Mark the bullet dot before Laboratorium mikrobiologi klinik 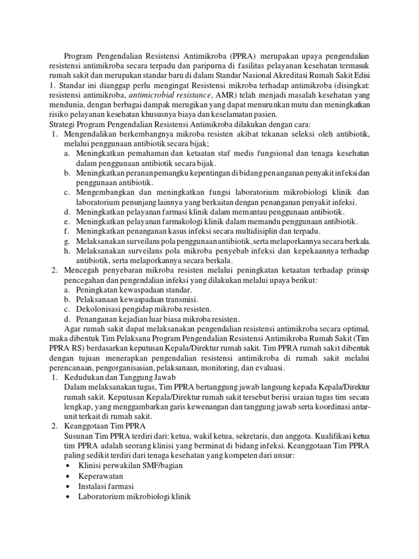click(67, 496)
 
